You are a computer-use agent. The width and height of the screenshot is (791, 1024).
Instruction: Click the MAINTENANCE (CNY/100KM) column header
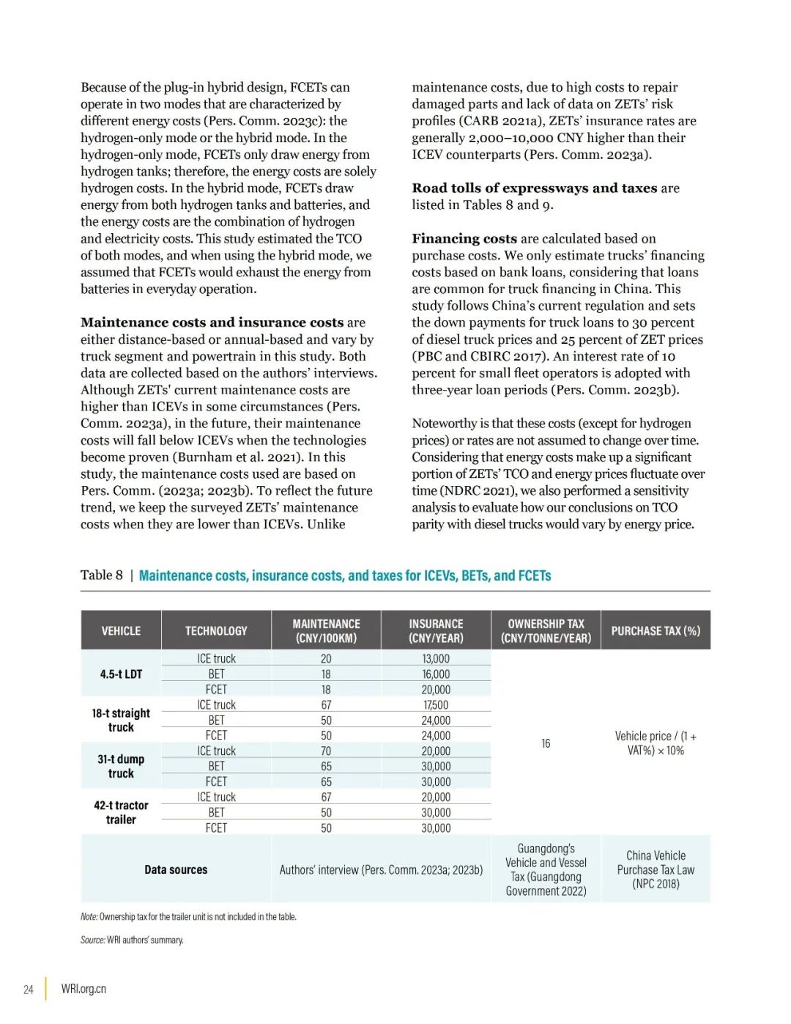coord(326,630)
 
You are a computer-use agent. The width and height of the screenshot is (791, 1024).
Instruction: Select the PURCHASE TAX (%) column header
coord(656,630)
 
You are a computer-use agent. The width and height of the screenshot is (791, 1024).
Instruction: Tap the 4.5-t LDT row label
coord(121,674)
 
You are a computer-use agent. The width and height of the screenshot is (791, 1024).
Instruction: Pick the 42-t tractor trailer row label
coord(121,812)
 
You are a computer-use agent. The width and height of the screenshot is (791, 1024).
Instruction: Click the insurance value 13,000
coord(436,659)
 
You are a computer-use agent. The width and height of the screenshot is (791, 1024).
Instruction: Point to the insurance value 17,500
coord(436,705)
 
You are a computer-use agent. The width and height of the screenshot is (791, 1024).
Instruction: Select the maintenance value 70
coord(326,751)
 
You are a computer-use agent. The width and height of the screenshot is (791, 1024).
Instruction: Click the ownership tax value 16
coord(546,743)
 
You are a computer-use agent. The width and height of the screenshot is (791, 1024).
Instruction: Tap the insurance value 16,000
coord(436,674)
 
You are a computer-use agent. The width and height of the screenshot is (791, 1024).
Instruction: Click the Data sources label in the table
coord(176,869)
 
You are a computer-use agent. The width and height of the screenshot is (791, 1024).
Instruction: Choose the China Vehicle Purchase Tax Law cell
coord(656,869)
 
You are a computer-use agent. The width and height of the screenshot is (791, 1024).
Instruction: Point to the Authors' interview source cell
coord(381,870)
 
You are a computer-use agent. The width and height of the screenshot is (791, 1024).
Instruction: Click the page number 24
coord(29,990)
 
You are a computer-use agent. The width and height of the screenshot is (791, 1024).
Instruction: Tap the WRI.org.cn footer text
coord(83,989)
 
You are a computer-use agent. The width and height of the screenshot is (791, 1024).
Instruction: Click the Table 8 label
coord(101,575)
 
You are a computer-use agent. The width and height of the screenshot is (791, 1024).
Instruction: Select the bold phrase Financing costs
coord(464,238)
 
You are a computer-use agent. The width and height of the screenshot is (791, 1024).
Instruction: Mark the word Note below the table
coord(89,916)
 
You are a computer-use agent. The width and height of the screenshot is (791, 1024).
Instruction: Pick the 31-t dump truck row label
coord(121,766)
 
